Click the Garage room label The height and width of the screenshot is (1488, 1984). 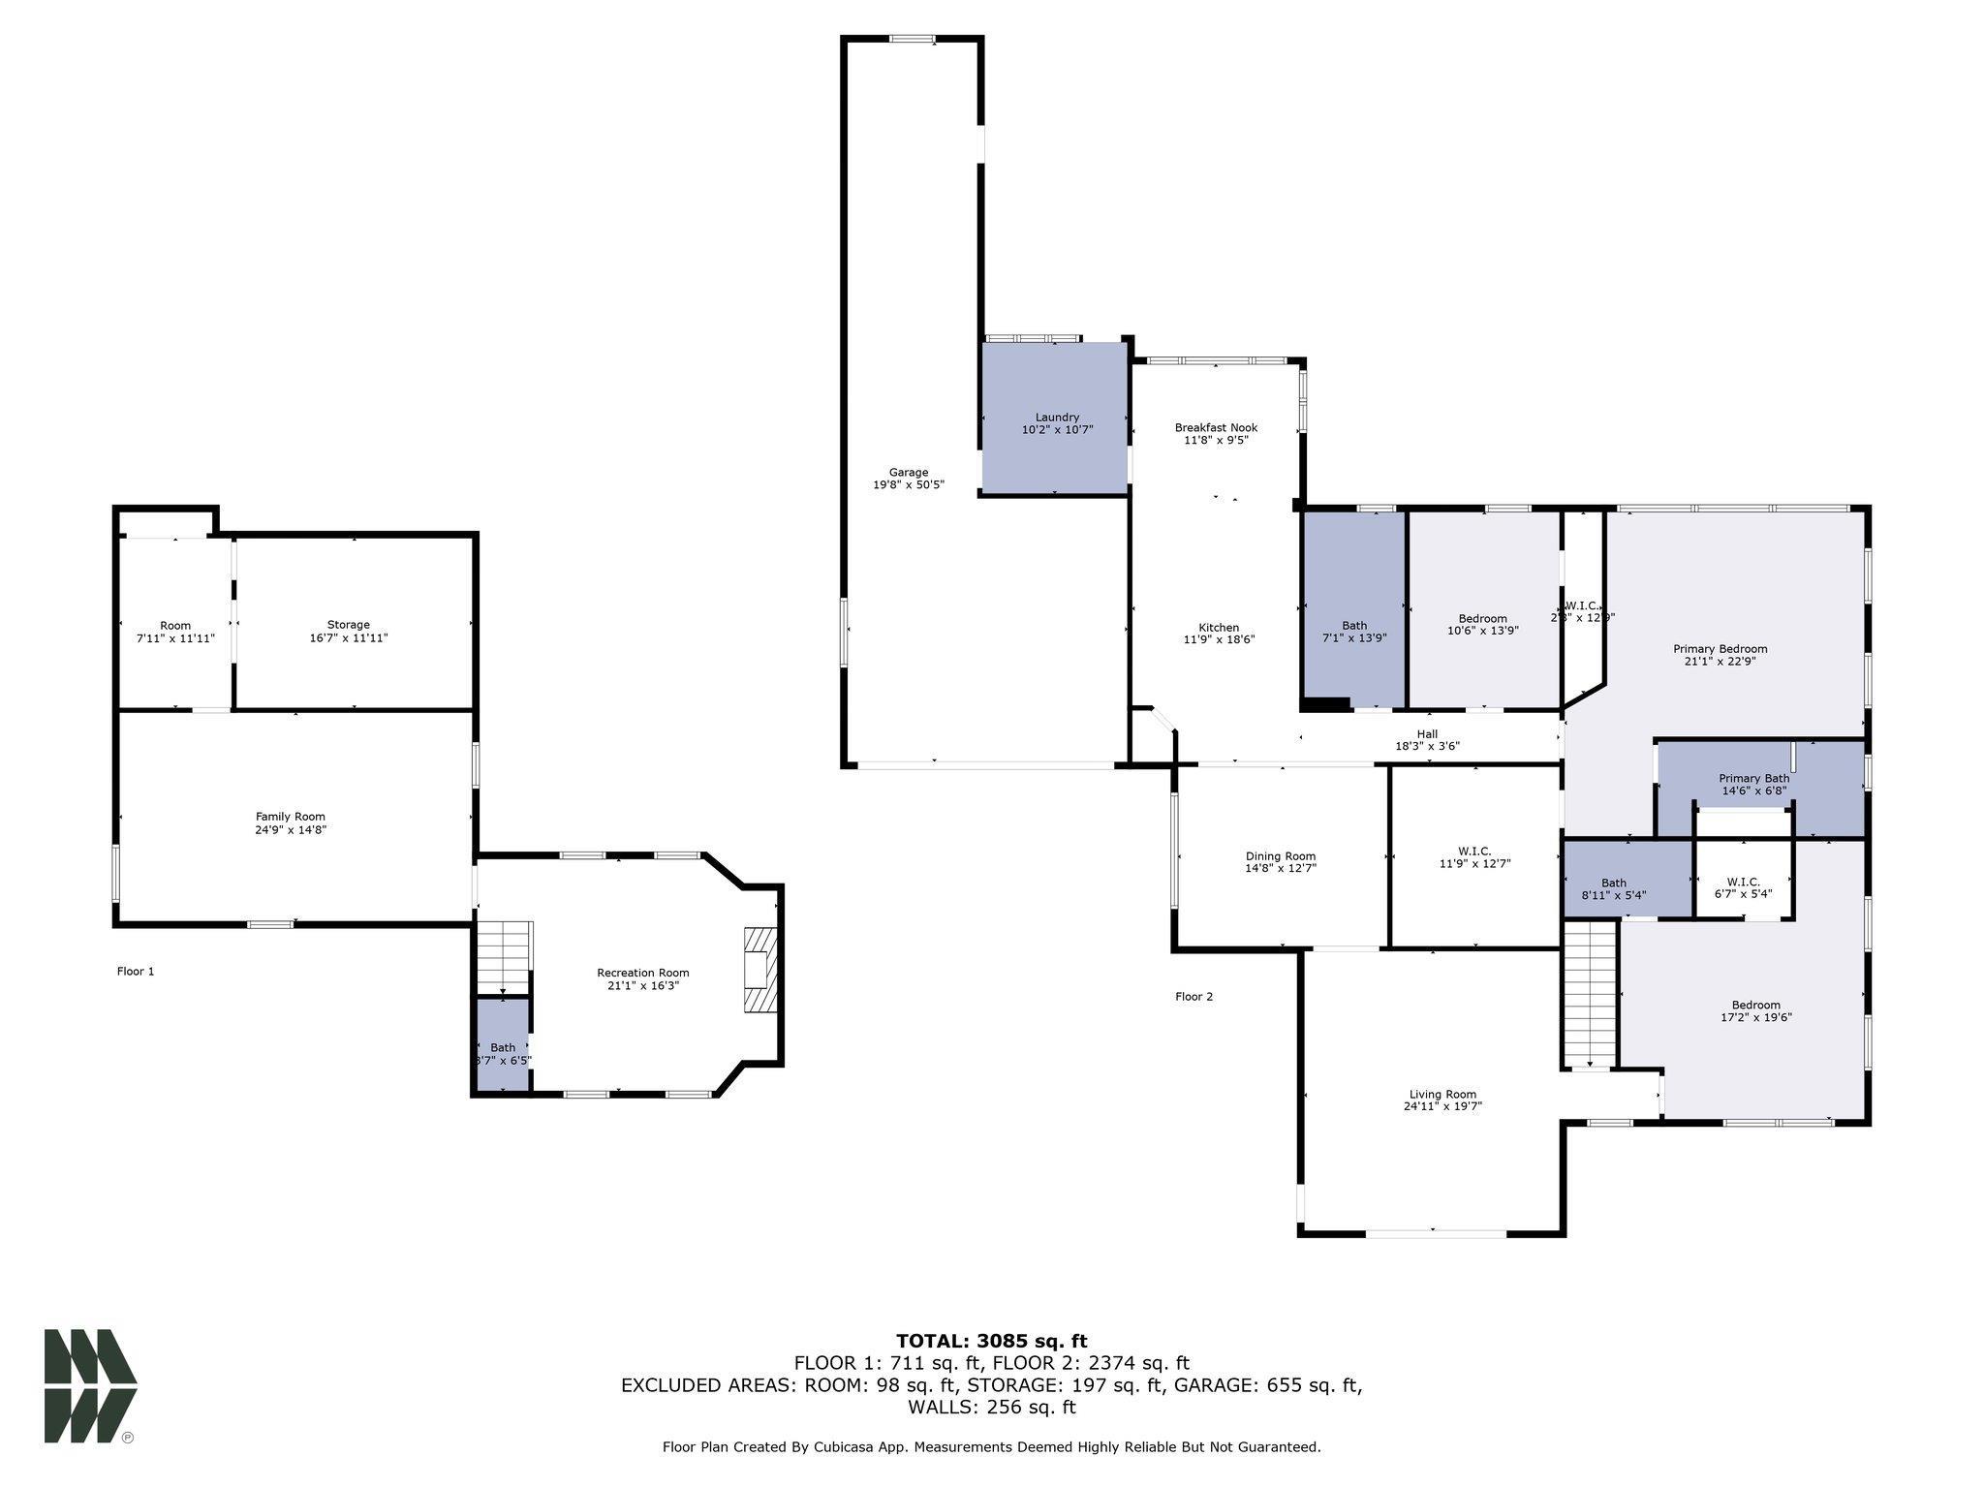click(x=909, y=473)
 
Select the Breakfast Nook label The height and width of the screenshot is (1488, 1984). click(x=1216, y=427)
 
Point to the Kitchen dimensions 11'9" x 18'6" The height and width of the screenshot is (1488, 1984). click(x=1219, y=639)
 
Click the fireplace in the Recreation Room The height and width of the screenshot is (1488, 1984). click(x=761, y=970)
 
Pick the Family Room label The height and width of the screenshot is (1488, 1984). click(x=291, y=817)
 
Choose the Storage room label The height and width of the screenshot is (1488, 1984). click(x=348, y=625)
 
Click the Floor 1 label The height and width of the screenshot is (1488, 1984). click(x=136, y=971)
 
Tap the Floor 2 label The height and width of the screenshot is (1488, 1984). click(x=1193, y=996)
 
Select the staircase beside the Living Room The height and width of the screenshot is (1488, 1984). click(x=1590, y=993)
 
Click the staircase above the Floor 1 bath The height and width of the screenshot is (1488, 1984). click(x=504, y=956)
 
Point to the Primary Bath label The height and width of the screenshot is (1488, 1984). click(x=1753, y=778)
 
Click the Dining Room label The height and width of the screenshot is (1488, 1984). click(x=1280, y=856)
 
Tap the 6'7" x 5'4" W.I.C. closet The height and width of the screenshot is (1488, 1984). click(x=1743, y=887)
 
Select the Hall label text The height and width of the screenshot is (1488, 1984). click(x=1427, y=733)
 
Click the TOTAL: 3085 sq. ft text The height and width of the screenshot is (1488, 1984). click(x=991, y=1341)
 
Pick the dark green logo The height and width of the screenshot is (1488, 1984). click(x=89, y=1385)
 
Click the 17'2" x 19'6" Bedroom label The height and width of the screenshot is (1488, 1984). click(x=1755, y=1006)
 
